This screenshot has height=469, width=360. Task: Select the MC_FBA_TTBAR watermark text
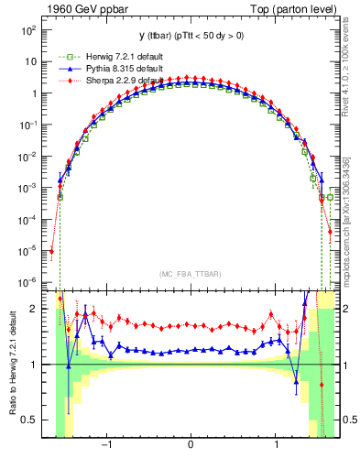[190, 274]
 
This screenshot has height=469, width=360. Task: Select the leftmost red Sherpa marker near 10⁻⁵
[52, 251]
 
